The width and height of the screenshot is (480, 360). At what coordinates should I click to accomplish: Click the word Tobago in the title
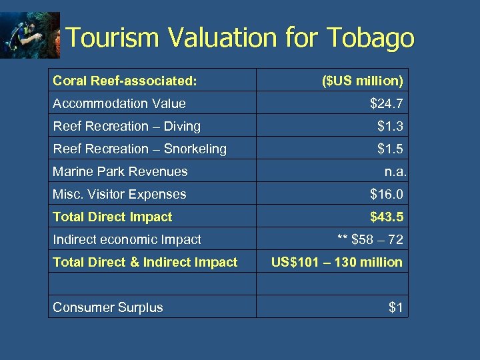(371, 38)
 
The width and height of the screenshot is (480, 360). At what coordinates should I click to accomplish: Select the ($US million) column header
(362, 81)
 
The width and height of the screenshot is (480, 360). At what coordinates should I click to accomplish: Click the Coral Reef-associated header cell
(125, 81)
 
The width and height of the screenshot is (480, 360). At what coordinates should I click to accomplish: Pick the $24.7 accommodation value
(387, 103)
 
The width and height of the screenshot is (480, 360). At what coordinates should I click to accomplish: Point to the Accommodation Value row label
(119, 103)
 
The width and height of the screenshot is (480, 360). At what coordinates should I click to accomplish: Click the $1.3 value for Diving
(390, 126)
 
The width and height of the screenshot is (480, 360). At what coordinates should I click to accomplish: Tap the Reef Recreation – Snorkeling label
(139, 149)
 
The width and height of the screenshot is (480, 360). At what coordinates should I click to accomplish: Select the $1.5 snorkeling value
(390, 149)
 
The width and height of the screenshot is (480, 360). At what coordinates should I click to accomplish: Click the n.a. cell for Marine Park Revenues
(395, 171)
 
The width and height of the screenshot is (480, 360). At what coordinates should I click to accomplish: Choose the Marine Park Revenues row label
(120, 171)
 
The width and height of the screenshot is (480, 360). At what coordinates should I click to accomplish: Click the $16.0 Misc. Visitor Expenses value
(387, 194)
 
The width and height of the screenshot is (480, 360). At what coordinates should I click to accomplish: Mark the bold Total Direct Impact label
(112, 217)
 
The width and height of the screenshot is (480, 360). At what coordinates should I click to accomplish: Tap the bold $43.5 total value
(387, 217)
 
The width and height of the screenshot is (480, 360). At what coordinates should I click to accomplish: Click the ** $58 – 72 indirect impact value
(370, 239)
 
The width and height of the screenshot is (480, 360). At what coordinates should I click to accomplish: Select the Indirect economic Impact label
(127, 239)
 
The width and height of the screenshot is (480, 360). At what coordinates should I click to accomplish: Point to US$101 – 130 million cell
(337, 262)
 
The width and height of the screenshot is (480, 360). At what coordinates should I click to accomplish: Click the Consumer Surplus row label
(108, 307)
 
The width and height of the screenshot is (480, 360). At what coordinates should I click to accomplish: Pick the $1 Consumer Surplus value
(396, 307)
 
